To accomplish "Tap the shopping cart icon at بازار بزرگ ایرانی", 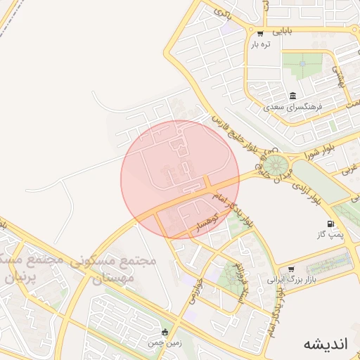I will click(x=291, y=269).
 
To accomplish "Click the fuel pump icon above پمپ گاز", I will click(x=331, y=224).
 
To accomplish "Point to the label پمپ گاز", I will click(x=332, y=235).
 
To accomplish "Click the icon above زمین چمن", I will click(x=165, y=333).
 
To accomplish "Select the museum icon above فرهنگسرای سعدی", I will click(x=292, y=96).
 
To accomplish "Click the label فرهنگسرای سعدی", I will click(x=292, y=108).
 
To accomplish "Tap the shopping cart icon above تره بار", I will click(x=260, y=33).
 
